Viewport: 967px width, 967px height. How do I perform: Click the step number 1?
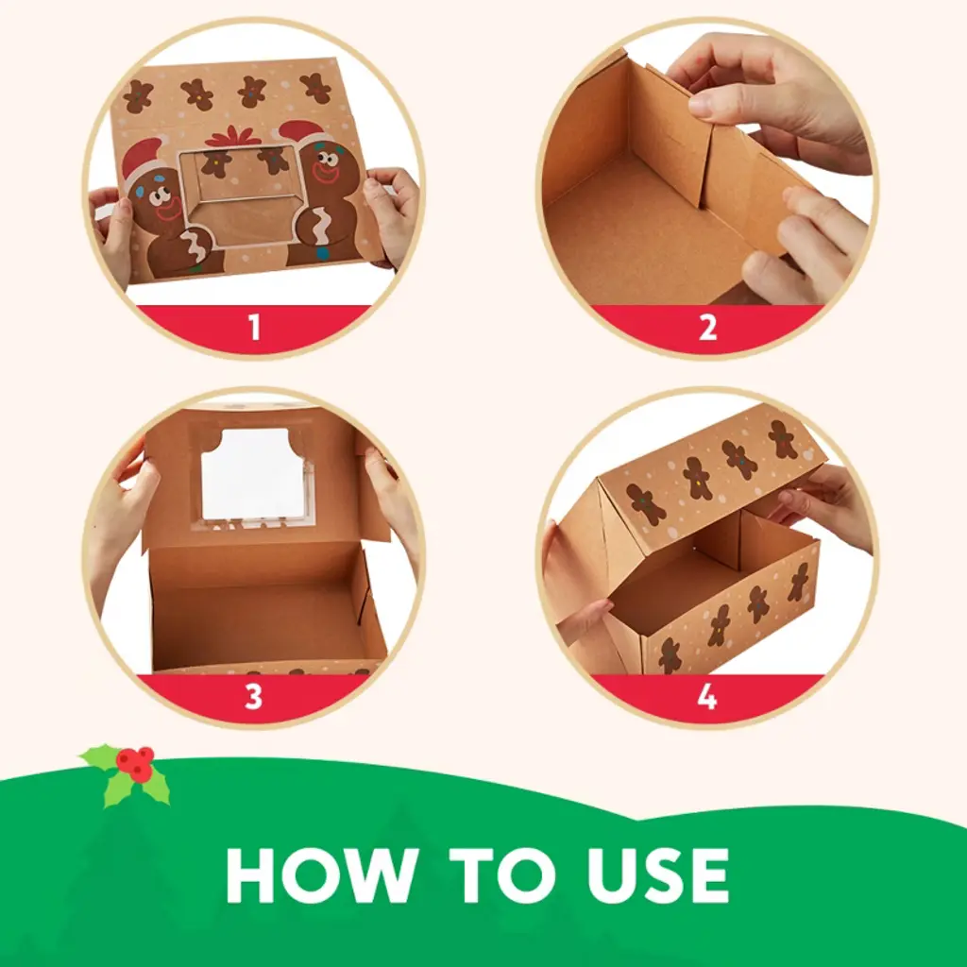point(254,327)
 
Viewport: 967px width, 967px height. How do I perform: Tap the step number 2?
point(707,327)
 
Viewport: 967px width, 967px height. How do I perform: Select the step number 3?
point(253,697)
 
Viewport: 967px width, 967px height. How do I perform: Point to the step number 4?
point(706,697)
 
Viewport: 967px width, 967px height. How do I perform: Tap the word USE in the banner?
point(658,875)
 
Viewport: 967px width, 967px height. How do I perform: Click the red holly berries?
point(136,763)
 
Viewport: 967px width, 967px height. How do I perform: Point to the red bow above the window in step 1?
point(232,137)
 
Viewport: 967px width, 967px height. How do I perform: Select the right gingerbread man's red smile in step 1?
point(325,175)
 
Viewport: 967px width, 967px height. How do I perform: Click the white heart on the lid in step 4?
point(808,455)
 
